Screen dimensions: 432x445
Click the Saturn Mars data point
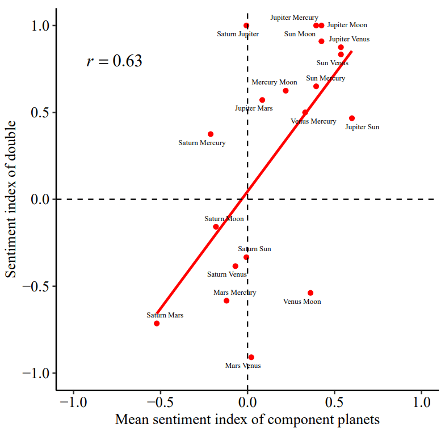point(157,323)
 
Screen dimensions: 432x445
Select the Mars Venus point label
point(243,366)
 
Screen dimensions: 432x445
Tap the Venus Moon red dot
point(310,293)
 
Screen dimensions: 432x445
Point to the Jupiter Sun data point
point(352,118)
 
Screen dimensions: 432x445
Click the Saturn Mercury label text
point(201,143)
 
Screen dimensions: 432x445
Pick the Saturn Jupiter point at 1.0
point(246,26)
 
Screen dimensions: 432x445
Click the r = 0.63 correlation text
point(114,61)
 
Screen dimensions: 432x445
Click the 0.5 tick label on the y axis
point(42,112)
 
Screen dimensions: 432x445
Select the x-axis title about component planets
point(247,420)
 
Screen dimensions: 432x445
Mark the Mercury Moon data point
point(286,91)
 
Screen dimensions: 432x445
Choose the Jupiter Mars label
point(254,108)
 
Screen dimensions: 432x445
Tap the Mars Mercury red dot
point(226,300)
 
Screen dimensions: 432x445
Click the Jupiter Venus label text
point(349,39)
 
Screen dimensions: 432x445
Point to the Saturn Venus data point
point(236,266)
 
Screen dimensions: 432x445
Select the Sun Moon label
point(300,34)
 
